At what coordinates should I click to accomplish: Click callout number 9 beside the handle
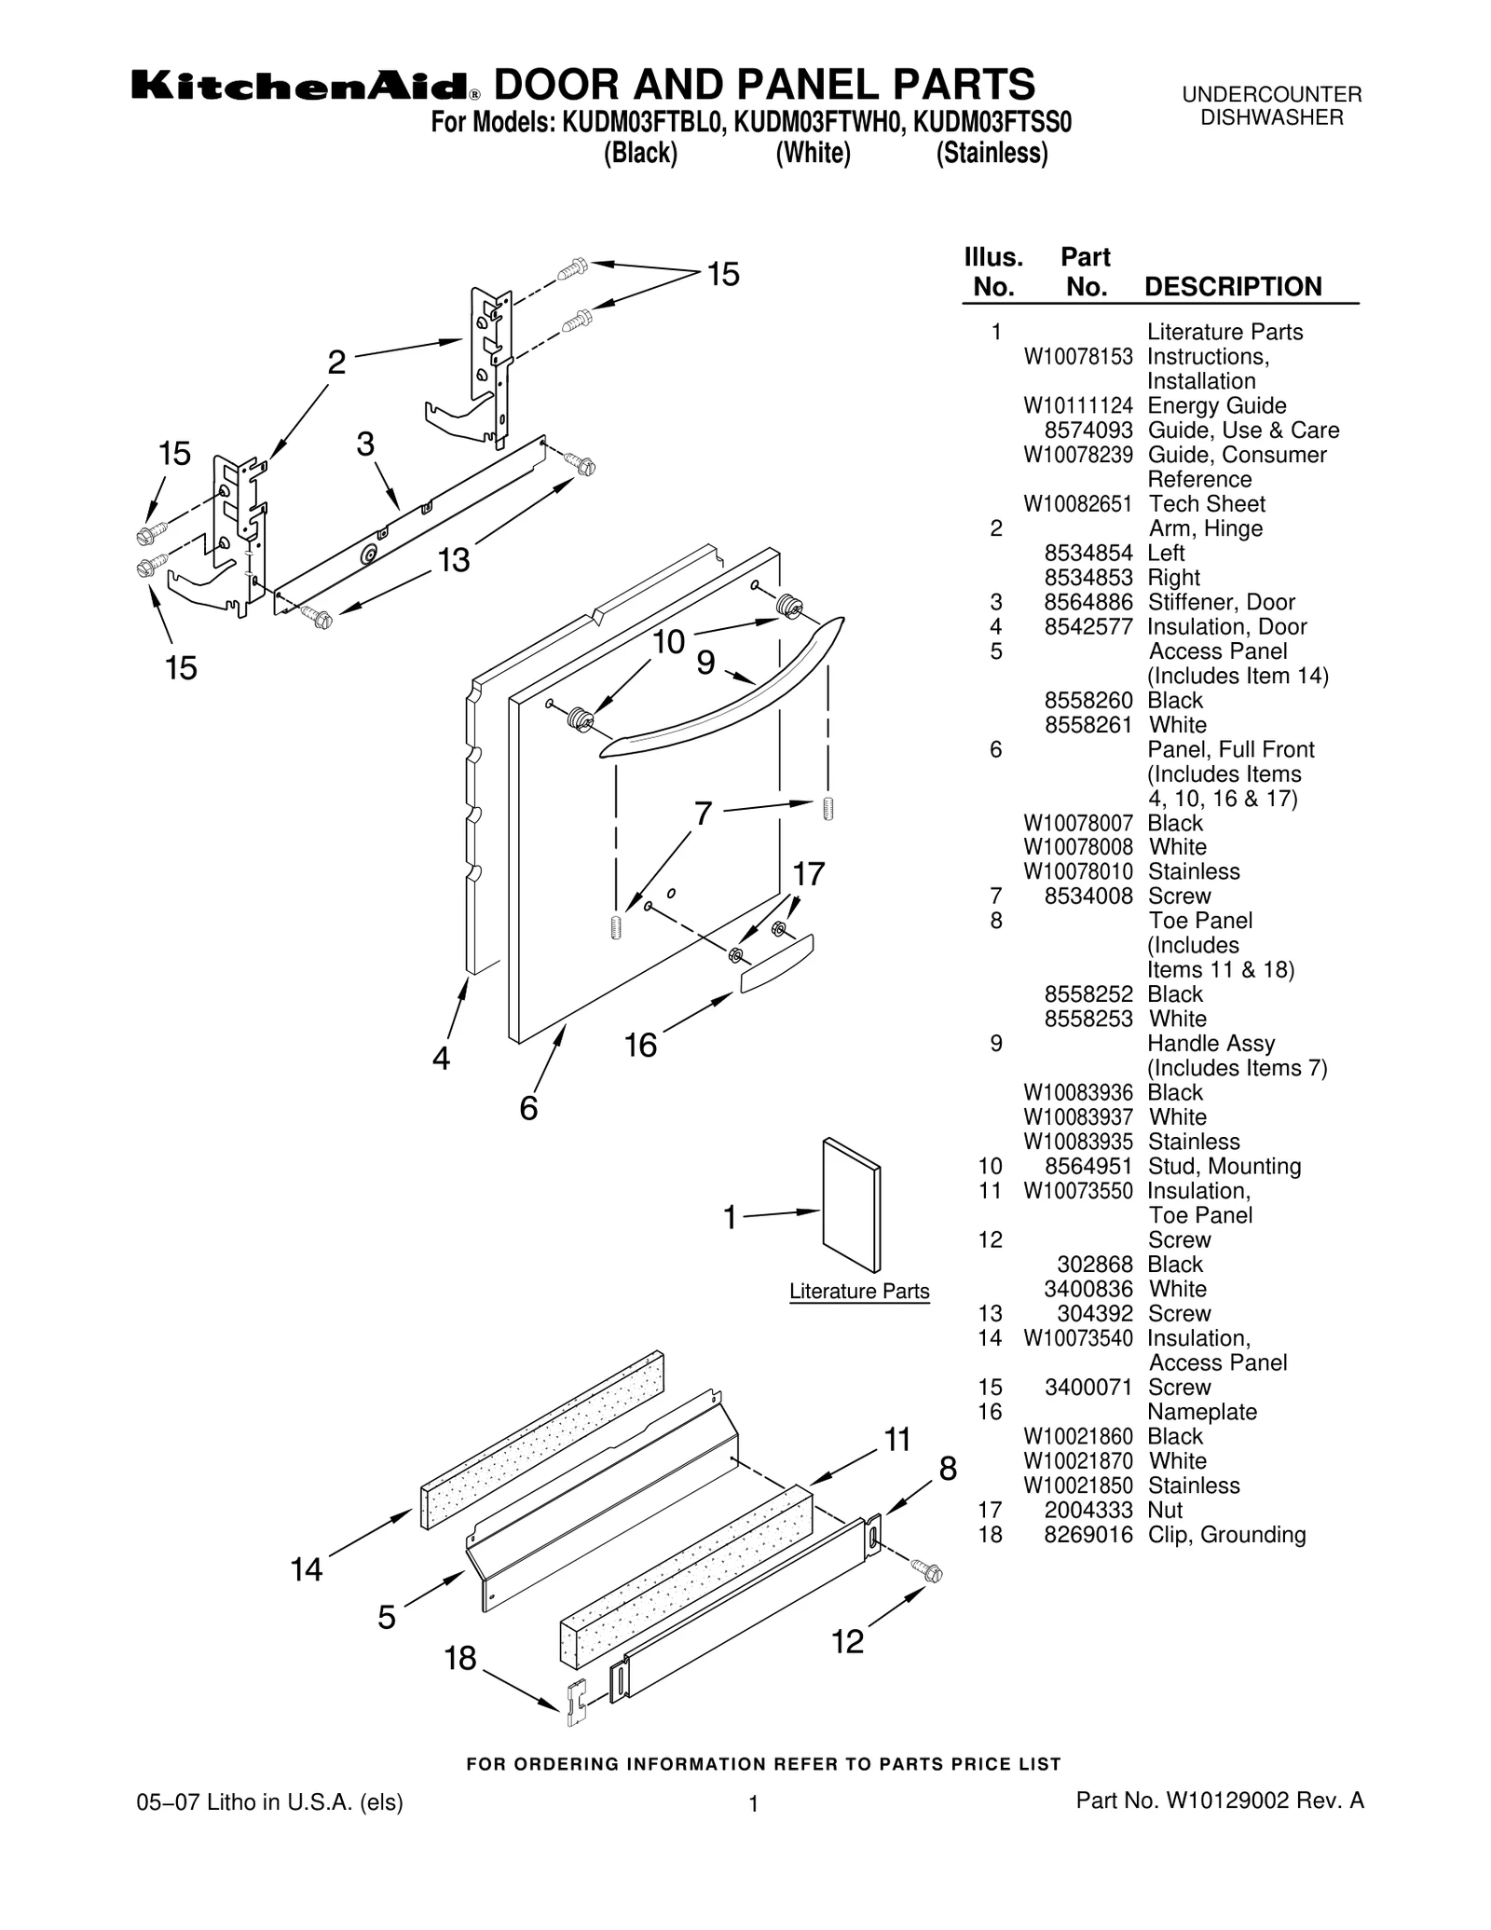click(x=705, y=663)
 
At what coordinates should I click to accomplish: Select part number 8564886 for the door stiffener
click(x=1087, y=602)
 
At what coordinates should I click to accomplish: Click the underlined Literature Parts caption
click(x=858, y=1291)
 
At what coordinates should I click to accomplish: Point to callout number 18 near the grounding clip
click(x=460, y=1658)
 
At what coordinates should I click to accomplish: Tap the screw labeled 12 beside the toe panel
click(x=927, y=1570)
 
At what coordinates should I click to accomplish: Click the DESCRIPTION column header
click(x=1232, y=286)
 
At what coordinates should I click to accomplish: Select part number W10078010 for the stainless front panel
click(x=1078, y=871)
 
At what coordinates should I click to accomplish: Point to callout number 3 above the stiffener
click(x=365, y=444)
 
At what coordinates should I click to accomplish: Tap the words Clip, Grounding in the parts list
click(x=1225, y=1534)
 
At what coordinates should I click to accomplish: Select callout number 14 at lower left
click(x=307, y=1569)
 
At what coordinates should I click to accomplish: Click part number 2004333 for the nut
click(x=1087, y=1510)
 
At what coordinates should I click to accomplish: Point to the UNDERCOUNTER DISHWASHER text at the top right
click(x=1271, y=105)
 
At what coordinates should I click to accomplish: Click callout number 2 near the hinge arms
click(x=336, y=362)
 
